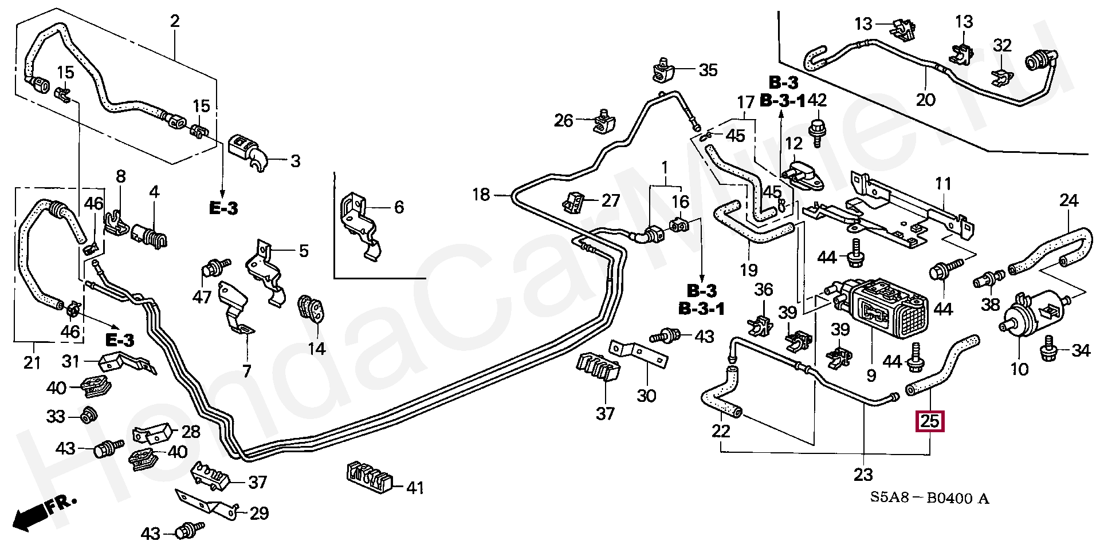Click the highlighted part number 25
coord(930,422)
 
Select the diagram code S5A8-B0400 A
coord(929,499)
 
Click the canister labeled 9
coord(885,309)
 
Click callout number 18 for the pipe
coord(481,195)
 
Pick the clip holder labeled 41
coord(370,477)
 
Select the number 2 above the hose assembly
coord(175,21)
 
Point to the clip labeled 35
coord(665,70)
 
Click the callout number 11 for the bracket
coord(943,184)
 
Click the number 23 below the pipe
coord(863,475)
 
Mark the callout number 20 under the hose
coord(925,100)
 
